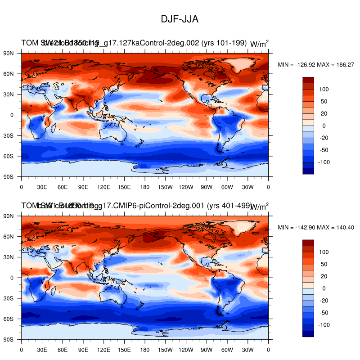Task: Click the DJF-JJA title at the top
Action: [x=180, y=19]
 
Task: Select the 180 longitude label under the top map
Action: [x=145, y=186]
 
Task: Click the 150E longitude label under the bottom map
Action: [x=124, y=349]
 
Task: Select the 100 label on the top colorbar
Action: [x=324, y=89]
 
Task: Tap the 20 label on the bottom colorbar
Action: [x=324, y=276]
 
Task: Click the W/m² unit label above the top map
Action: [x=259, y=44]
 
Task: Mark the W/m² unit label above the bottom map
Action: [x=259, y=207]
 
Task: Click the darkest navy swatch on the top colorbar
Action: [x=309, y=171]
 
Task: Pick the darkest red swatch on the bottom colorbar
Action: [x=309, y=243]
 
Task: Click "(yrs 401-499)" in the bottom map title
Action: [x=227, y=206]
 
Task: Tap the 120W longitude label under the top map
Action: [x=186, y=186]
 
